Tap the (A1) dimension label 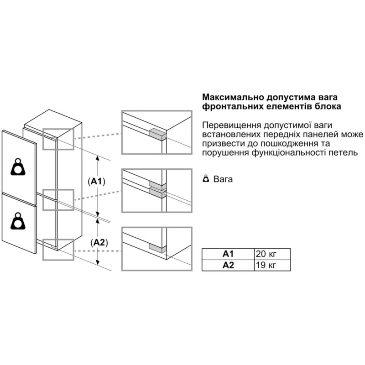[96, 182]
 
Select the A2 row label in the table [227, 265]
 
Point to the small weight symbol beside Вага [206, 179]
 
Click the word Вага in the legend [223, 179]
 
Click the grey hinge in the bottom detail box [156, 247]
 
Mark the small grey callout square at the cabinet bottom [58, 249]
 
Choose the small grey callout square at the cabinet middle [58, 199]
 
